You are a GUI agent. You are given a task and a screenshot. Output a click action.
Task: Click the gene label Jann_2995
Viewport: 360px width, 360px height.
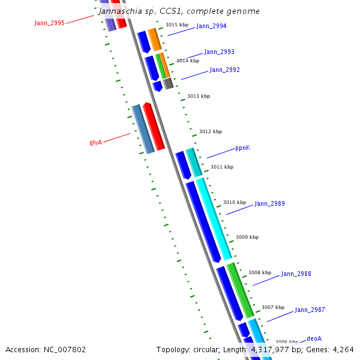click(x=49, y=23)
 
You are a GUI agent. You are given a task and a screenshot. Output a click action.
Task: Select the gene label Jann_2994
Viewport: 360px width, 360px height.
click(x=211, y=26)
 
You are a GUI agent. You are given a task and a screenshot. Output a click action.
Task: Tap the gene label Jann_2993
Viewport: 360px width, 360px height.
click(x=219, y=52)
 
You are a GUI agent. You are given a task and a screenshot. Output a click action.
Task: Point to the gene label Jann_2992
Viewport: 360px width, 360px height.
click(x=224, y=70)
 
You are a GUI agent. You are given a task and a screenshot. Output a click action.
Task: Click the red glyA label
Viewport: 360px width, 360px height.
click(x=95, y=142)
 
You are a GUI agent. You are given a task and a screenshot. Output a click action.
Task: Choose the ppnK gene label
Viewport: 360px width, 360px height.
click(x=242, y=148)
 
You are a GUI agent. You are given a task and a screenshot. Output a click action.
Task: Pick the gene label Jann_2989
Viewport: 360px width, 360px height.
click(x=269, y=204)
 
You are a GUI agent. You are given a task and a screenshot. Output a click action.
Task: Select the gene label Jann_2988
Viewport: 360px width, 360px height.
click(x=296, y=274)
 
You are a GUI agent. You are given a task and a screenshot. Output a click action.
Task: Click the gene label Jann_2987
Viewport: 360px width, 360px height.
click(x=310, y=310)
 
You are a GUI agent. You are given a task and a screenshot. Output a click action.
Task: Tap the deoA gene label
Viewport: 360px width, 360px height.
click(x=314, y=338)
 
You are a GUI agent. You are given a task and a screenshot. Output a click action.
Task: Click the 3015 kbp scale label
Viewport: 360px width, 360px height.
click(x=176, y=25)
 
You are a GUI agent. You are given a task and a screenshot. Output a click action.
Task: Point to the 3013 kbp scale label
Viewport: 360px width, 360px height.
click(x=199, y=96)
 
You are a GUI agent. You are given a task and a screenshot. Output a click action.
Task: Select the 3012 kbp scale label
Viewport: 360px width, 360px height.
click(x=211, y=131)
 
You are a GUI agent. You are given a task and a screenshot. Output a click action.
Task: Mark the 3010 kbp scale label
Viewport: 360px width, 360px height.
click(x=235, y=203)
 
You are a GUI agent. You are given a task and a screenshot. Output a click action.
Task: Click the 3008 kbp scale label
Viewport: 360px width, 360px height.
click(x=260, y=272)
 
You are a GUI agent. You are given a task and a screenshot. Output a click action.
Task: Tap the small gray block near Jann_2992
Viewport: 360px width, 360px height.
click(x=169, y=83)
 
